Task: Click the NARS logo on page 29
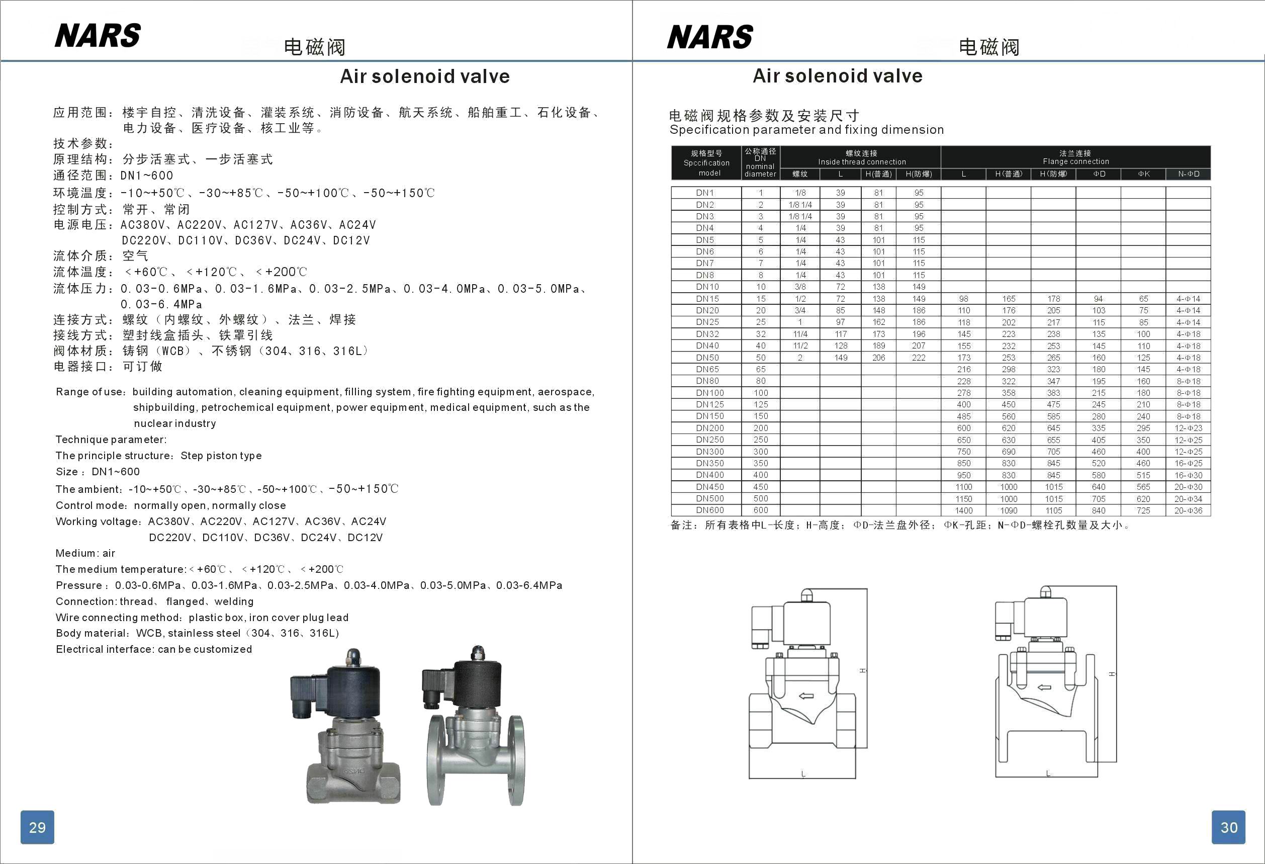(x=98, y=36)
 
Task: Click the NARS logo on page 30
(x=710, y=37)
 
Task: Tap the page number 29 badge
(x=37, y=827)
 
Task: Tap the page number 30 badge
(x=1228, y=827)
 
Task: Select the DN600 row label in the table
(x=709, y=510)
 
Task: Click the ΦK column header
(x=1143, y=174)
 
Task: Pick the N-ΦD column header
(x=1188, y=174)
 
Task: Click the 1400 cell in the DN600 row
(x=963, y=510)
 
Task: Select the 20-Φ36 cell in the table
(x=1188, y=510)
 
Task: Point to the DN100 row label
(x=709, y=393)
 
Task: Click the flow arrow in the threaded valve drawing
(x=805, y=696)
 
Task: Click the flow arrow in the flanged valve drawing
(x=1044, y=687)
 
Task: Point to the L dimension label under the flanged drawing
(x=1048, y=773)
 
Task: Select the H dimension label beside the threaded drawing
(x=863, y=670)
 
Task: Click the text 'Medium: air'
(x=85, y=553)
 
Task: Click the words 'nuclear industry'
(x=175, y=423)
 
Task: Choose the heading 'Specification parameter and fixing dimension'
(x=806, y=130)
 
